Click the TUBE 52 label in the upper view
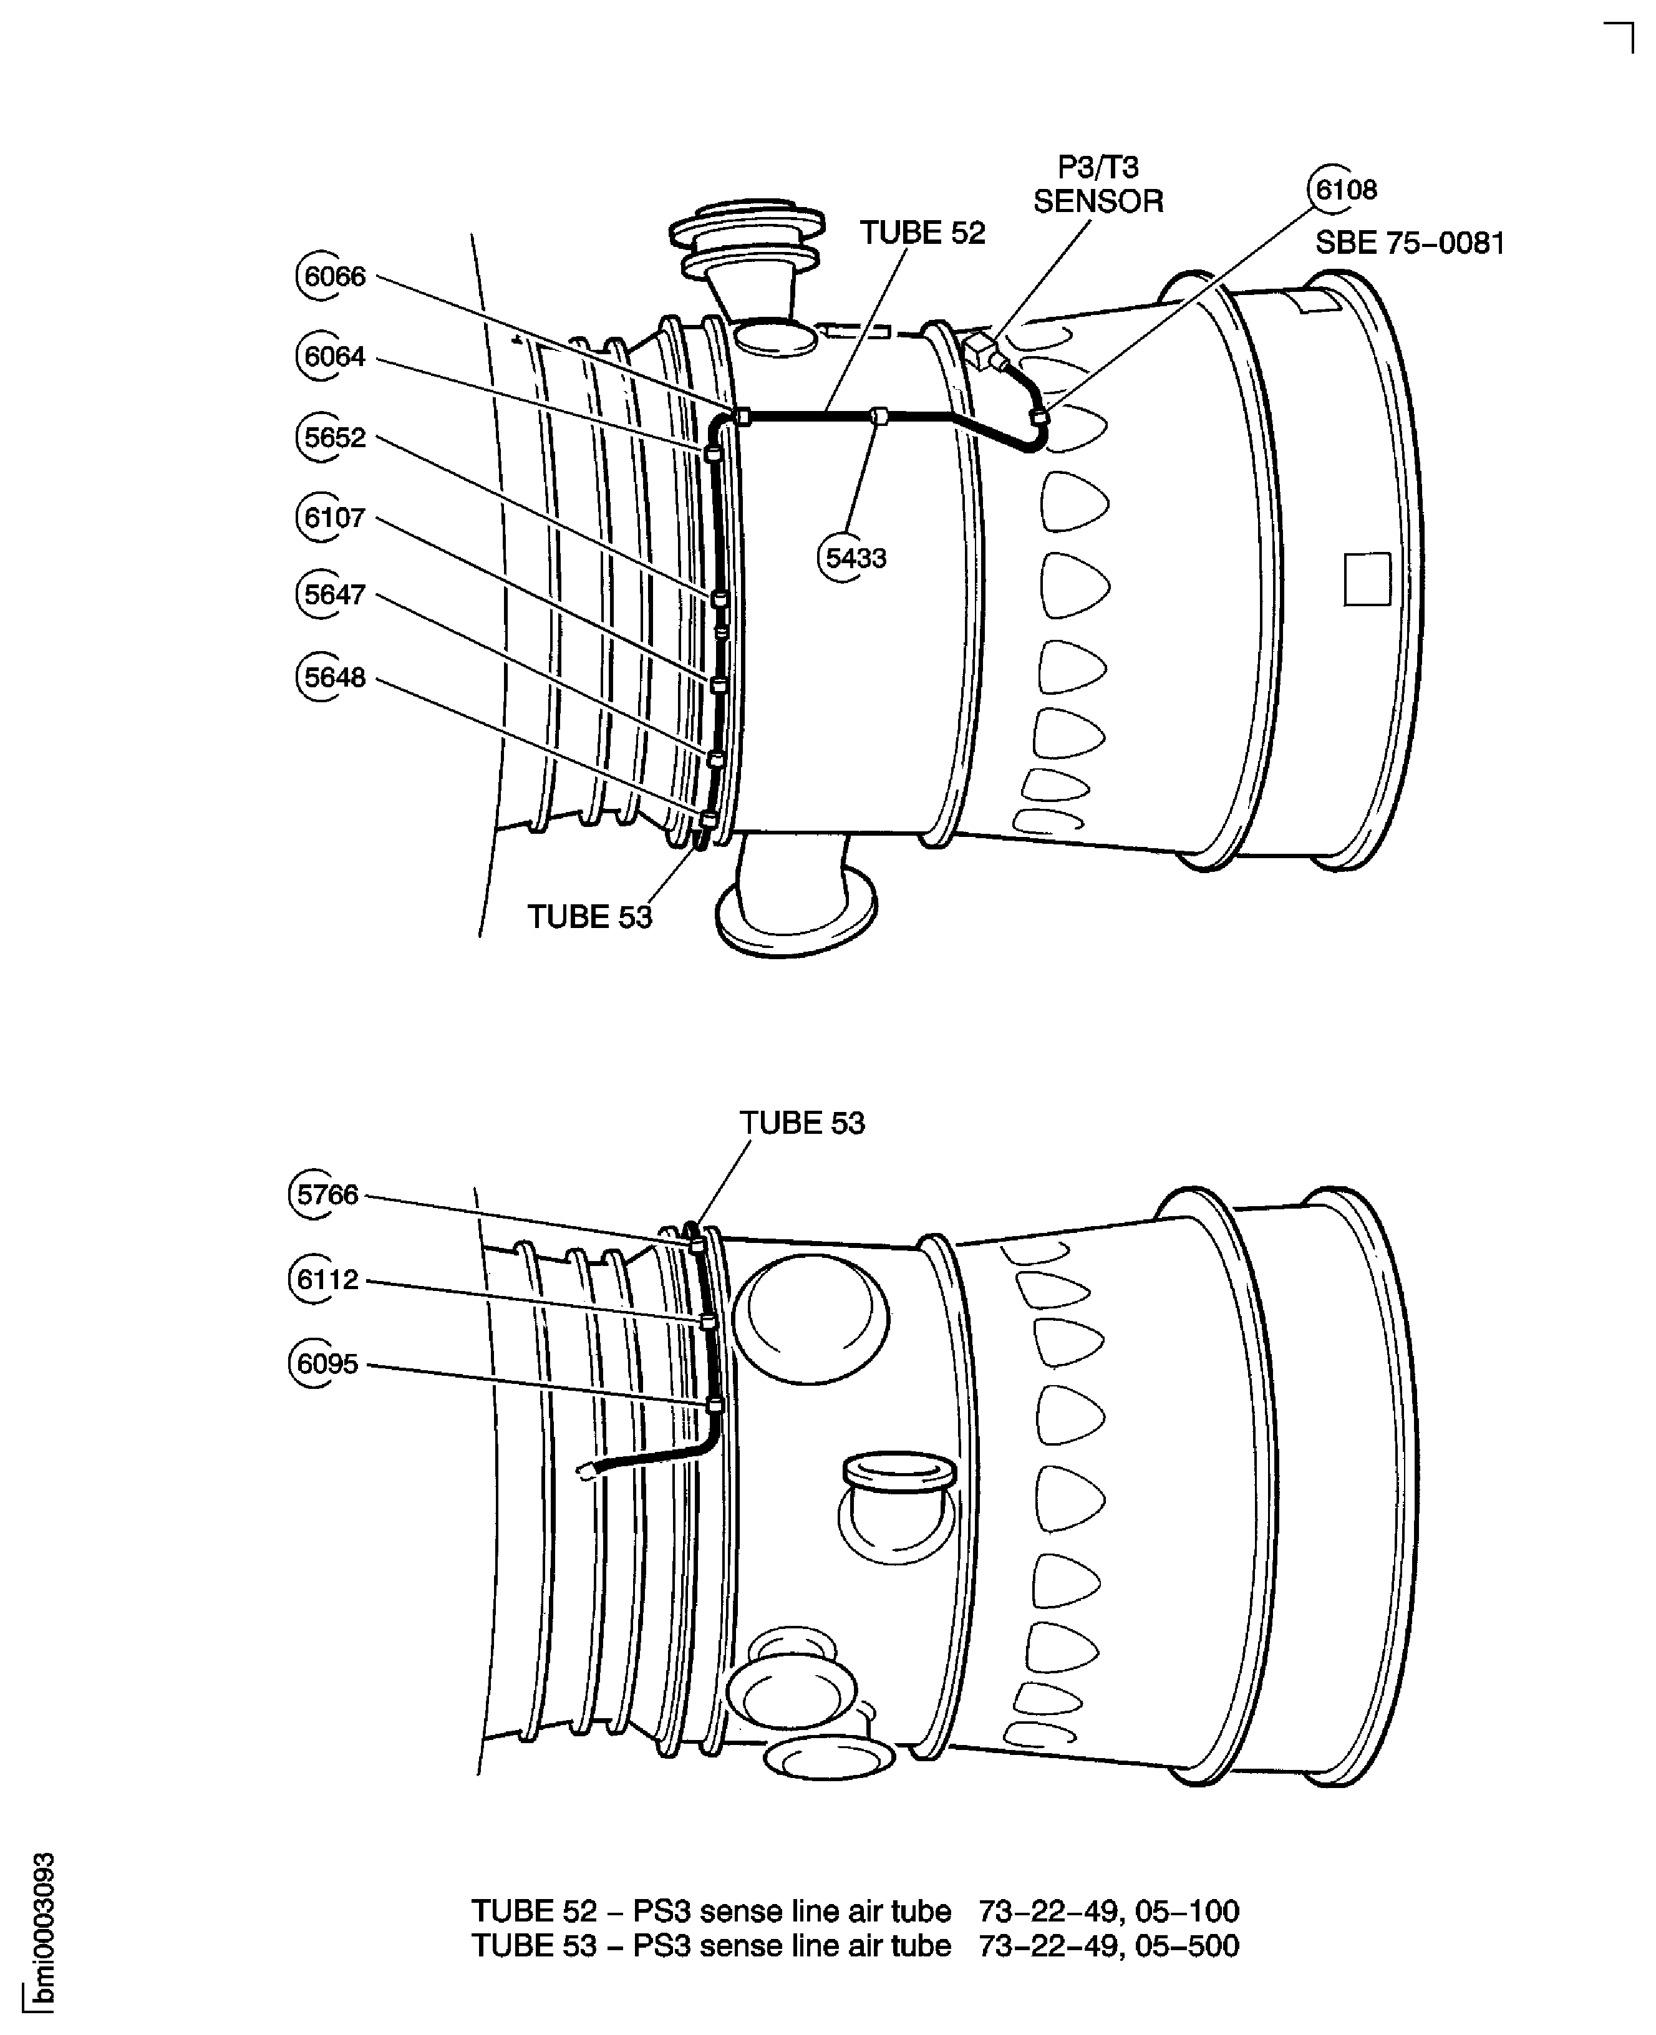pos(922,233)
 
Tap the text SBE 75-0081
pos(1410,243)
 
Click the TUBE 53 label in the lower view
pos(802,1123)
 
